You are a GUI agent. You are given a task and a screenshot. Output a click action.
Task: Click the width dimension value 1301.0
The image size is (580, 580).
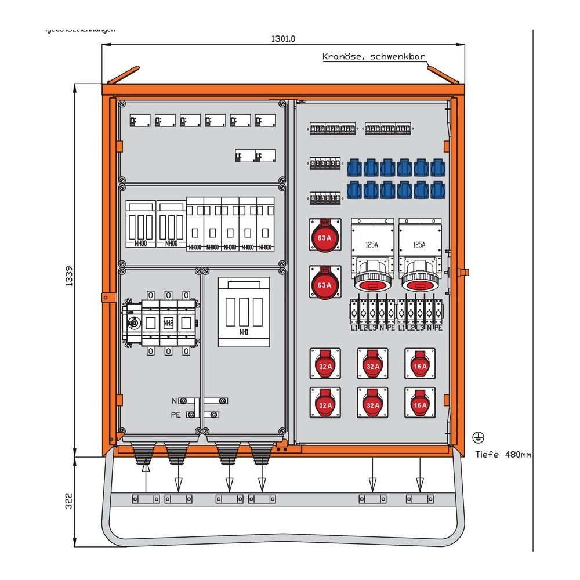pos(284,39)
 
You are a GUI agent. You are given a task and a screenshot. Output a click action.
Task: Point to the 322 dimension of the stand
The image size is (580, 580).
pos(68,501)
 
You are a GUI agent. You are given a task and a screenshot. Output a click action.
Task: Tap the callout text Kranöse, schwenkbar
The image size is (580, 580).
pos(374,57)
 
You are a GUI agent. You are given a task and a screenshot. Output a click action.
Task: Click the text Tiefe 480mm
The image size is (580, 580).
pos(502,454)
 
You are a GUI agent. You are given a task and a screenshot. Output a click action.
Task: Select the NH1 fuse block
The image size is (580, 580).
pos(244,312)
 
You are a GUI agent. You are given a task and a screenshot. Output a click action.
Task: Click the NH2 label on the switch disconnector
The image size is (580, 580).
pos(168,322)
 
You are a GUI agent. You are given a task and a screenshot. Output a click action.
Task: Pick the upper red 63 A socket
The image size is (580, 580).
pos(324,236)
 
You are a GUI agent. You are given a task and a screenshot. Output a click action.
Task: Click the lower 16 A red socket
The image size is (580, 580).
pos(420,403)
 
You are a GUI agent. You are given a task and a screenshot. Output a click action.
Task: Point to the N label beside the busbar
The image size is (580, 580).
pos(175,401)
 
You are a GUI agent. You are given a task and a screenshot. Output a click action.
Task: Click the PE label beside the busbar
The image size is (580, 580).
pos(176,414)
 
